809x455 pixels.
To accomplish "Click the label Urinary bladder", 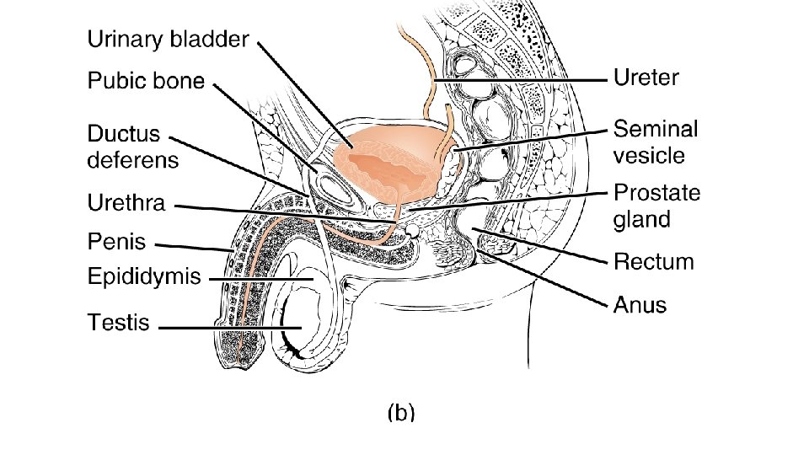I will coord(169,40).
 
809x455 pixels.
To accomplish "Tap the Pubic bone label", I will coord(146,81).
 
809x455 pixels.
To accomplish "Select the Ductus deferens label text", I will coord(133,147).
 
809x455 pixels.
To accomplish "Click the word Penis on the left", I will coord(117,243).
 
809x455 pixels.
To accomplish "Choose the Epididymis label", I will coord(144,276).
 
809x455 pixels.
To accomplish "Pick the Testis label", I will coord(119,322).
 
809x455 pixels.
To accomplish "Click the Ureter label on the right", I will coord(646,79).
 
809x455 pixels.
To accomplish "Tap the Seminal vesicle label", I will coord(656,142).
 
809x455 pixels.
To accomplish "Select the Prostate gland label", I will coord(656,206).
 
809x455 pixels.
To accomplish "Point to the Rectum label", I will coord(653,262).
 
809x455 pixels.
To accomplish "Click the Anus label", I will coord(640,304).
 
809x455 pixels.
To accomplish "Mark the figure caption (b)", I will coord(401,413).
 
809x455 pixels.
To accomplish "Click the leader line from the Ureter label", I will coord(522,80).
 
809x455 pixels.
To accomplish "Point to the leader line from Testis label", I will coord(228,328).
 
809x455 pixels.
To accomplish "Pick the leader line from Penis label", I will coord(194,247).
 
